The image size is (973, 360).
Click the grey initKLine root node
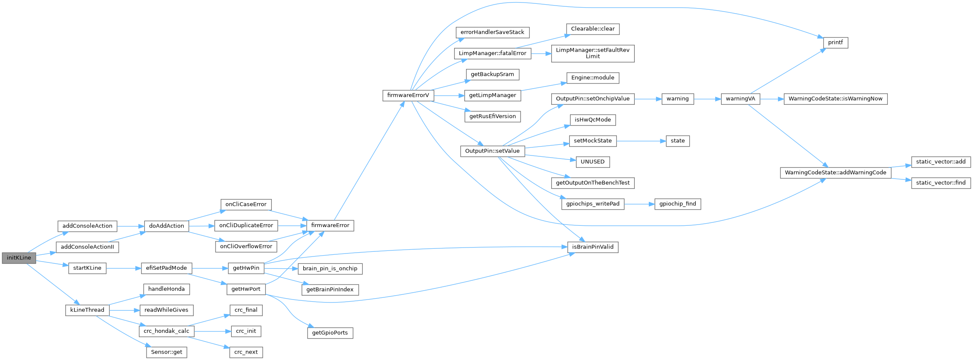(19, 258)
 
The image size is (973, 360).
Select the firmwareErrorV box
(408, 95)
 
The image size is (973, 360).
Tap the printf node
(835, 43)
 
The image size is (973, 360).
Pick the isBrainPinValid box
(593, 247)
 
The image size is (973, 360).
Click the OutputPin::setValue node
(492, 151)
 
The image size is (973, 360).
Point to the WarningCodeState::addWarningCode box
(835, 173)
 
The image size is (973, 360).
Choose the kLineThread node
(87, 310)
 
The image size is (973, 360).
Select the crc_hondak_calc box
(166, 331)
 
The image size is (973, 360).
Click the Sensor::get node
(167, 352)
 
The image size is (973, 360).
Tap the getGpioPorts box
(330, 333)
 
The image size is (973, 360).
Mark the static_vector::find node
(941, 183)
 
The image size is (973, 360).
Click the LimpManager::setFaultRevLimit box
(593, 53)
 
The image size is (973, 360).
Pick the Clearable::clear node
(593, 29)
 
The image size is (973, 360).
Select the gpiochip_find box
(677, 204)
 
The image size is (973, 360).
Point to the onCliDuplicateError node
(246, 225)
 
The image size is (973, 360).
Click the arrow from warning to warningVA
(707, 99)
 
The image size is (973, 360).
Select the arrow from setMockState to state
(641, 141)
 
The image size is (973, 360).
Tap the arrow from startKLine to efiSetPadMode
(124, 268)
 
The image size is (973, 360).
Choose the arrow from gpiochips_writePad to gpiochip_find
(639, 204)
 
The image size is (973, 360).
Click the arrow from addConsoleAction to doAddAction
(130, 226)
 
